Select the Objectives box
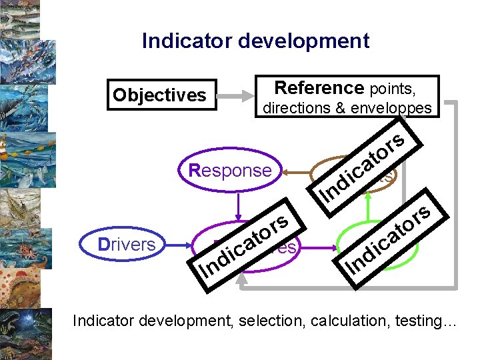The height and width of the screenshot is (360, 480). [x=159, y=95]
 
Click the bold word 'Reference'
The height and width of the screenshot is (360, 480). [x=318, y=88]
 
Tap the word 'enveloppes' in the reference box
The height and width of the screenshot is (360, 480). [x=394, y=107]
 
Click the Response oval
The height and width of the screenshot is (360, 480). [x=230, y=171]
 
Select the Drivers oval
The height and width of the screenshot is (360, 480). [x=126, y=245]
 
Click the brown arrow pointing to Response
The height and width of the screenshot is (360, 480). [x=294, y=171]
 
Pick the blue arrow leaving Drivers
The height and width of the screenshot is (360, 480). [x=177, y=245]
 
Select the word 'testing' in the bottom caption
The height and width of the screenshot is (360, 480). [x=417, y=322]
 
